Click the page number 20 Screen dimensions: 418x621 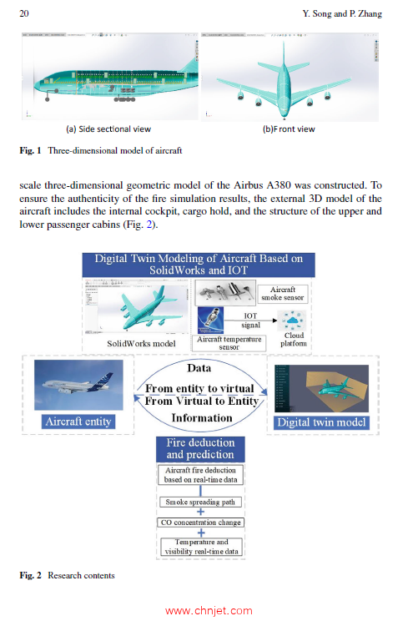click(23, 13)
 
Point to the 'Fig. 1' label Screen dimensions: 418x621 click(30, 150)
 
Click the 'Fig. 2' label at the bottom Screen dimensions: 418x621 click(30, 575)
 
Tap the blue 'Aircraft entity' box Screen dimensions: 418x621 click(78, 422)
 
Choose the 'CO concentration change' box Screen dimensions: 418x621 click(200, 523)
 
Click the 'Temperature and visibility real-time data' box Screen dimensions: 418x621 click(200, 547)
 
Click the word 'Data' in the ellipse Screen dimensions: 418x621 click(199, 367)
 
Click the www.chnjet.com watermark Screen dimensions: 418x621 click(209, 610)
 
